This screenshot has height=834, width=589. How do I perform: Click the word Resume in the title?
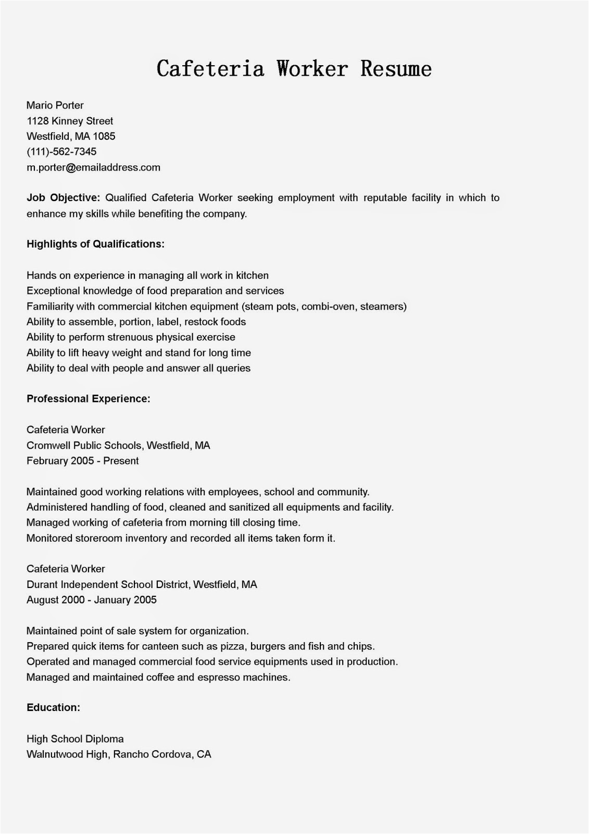[396, 69]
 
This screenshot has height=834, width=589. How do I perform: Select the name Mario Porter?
[55, 105]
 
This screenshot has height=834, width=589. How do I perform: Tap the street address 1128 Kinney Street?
[70, 121]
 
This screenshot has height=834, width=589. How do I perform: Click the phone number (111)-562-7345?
[61, 152]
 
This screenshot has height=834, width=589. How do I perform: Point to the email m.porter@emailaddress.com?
[93, 167]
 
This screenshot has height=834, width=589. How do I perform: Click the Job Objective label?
[63, 198]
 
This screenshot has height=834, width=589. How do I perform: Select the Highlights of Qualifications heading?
[95, 244]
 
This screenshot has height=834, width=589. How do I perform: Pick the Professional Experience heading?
[89, 399]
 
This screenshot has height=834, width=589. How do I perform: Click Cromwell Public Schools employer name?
[84, 445]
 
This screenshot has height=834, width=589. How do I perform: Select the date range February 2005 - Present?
[82, 461]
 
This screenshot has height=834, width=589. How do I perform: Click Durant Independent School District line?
[108, 584]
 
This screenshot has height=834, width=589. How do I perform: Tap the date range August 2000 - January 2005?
[92, 600]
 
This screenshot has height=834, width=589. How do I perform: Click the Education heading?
[53, 707]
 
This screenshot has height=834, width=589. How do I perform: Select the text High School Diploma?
[75, 739]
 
